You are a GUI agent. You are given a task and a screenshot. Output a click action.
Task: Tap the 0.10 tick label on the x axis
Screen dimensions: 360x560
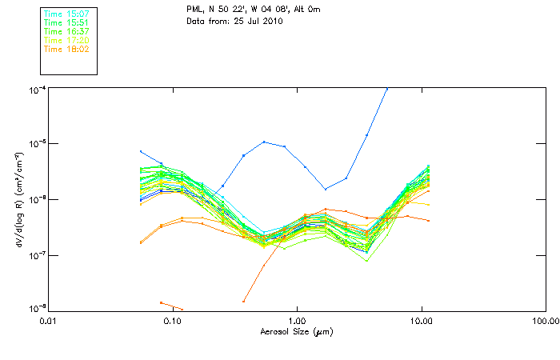click(x=173, y=321)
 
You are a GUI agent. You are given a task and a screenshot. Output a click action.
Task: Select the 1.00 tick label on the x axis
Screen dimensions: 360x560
click(x=297, y=321)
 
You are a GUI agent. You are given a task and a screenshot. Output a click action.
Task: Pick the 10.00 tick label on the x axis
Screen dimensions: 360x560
click(x=421, y=321)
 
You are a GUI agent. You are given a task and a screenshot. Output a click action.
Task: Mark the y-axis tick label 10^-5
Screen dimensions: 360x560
click(x=38, y=144)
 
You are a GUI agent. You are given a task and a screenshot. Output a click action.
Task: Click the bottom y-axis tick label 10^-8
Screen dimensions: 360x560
click(x=38, y=309)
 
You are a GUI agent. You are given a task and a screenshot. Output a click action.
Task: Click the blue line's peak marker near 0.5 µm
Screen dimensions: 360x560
click(x=264, y=142)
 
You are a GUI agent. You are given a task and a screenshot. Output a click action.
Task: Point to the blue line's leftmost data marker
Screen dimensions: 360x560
click(x=141, y=151)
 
